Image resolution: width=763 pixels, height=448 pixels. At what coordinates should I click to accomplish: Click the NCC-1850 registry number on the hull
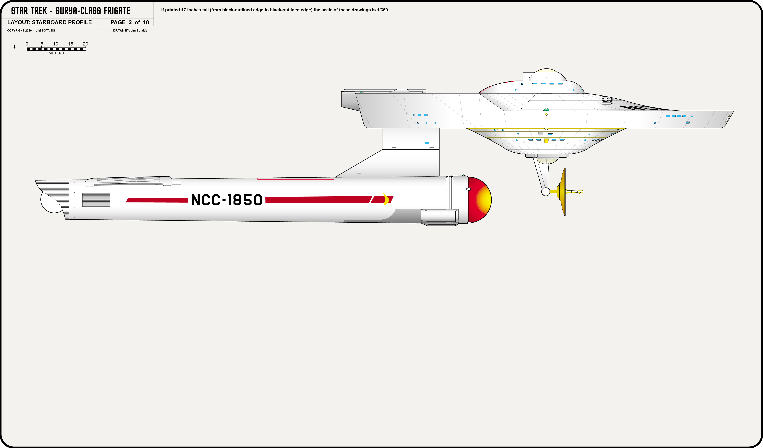click(227, 200)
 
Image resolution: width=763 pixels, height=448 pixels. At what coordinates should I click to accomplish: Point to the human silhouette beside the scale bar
click(15, 47)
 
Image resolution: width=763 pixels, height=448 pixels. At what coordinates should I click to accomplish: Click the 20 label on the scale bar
click(85, 44)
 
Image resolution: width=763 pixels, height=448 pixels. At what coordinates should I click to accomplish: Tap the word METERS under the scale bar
click(56, 53)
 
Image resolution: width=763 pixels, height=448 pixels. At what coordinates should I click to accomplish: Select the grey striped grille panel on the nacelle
click(96, 200)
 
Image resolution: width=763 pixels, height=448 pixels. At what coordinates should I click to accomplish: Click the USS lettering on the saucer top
click(607, 101)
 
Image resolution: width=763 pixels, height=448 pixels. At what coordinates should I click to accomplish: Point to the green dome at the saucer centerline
click(546, 110)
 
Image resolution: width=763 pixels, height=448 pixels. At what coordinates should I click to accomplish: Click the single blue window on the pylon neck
click(427, 143)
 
